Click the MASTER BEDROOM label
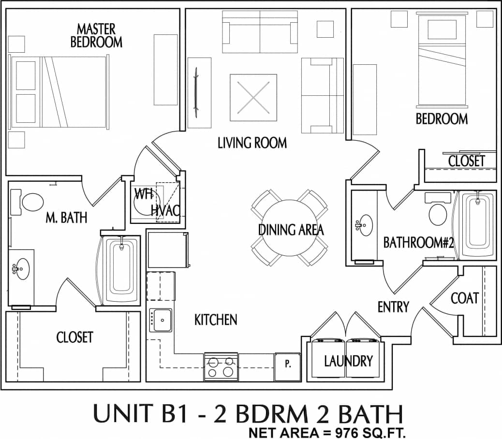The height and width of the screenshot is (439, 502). click(96, 35)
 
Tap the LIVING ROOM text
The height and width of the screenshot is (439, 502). click(252, 143)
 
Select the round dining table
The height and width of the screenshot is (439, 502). click(289, 227)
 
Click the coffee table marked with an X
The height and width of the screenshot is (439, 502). click(253, 97)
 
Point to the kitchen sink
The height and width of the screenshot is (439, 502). click(161, 320)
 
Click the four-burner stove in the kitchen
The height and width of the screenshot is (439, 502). click(221, 366)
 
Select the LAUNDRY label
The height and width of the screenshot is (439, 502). click(348, 361)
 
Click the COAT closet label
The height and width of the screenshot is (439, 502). click(465, 298)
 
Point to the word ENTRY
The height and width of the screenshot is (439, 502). click(393, 307)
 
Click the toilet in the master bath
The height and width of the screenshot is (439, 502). click(33, 202)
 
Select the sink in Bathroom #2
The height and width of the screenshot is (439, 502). click(364, 225)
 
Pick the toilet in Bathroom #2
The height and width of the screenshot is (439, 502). click(438, 212)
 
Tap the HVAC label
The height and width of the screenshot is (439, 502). click(165, 210)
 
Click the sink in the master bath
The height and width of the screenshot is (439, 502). click(22, 267)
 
